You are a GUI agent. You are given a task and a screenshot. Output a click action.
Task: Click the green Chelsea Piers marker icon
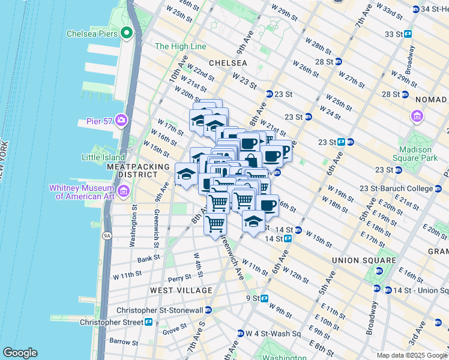pyautogui.click(x=127, y=34)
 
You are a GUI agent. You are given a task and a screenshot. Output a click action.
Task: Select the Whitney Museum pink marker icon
pyautogui.click(x=124, y=192)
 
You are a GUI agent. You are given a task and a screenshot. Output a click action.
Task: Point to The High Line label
pyautogui.click(x=180, y=46)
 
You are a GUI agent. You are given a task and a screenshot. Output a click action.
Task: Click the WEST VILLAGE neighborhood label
pyautogui.click(x=181, y=290)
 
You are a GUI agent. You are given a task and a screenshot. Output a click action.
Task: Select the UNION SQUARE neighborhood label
pyautogui.click(x=364, y=260)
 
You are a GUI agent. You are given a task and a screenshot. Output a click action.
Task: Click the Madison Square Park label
pyautogui.click(x=415, y=154)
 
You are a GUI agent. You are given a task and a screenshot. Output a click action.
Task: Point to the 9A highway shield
pyautogui.click(x=107, y=236)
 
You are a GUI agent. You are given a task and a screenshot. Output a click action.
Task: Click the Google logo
pyautogui.click(x=20, y=353)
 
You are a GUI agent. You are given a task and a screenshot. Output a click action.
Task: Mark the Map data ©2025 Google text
pyautogui.click(x=411, y=355)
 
